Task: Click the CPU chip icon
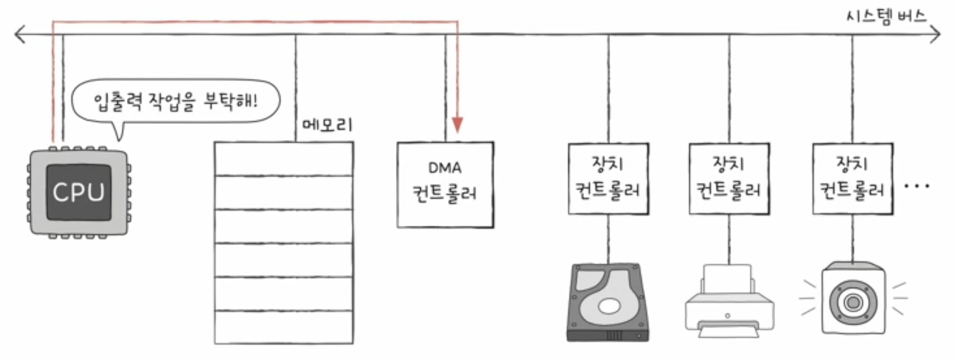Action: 78,192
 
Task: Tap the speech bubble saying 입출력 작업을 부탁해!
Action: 176,101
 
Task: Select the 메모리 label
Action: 327,125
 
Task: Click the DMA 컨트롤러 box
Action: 445,185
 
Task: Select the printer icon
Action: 729,303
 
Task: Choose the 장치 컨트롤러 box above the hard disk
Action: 608,179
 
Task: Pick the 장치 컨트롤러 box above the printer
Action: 729,179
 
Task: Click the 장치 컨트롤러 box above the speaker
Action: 853,179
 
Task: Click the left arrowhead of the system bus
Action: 18,34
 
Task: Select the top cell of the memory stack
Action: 284,159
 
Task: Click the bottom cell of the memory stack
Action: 284,327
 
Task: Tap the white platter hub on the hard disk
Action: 609,306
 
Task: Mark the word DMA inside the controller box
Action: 445,168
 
